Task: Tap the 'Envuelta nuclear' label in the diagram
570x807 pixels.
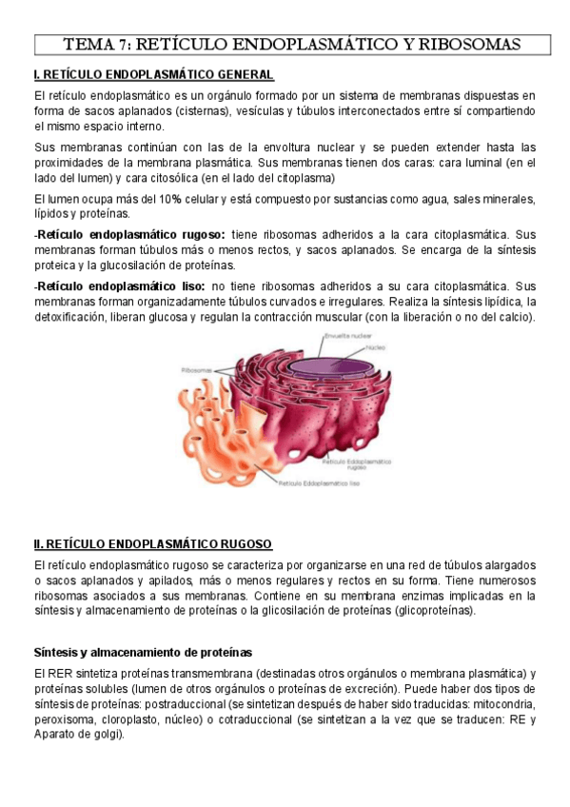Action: click(x=345, y=336)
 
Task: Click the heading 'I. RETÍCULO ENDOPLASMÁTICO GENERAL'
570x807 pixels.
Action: click(x=154, y=75)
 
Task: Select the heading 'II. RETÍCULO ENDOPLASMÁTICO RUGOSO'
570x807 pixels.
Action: click(x=153, y=544)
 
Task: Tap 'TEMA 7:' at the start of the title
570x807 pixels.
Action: click(x=98, y=45)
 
